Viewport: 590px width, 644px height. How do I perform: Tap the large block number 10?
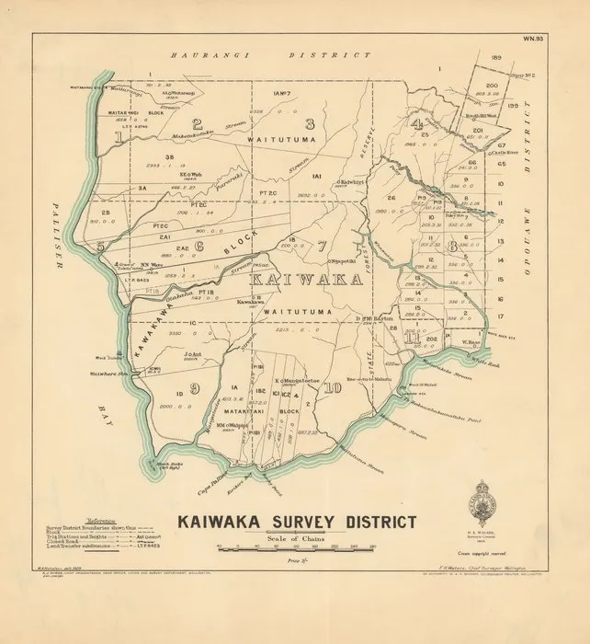click(332, 387)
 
